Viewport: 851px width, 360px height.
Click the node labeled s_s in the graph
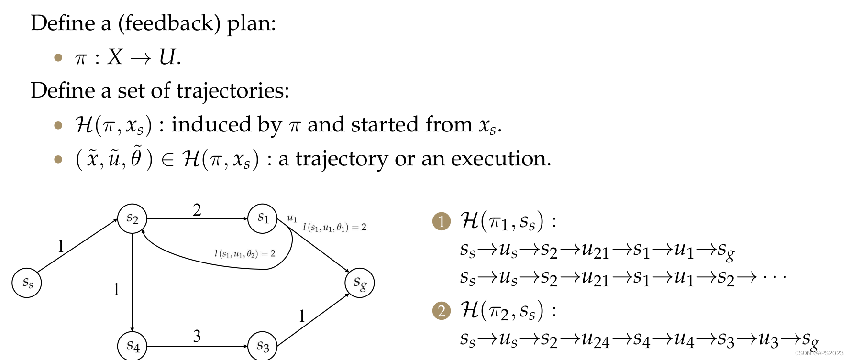point(27,283)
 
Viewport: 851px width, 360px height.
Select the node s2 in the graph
point(132,218)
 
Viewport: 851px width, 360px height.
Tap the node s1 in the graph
point(263,218)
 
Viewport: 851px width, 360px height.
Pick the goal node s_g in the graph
point(359,283)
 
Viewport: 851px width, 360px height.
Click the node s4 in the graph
point(132,346)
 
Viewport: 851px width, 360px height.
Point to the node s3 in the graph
point(263,346)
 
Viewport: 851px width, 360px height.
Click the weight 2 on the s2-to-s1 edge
point(197,210)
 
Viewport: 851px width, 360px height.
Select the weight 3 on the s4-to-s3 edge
point(197,336)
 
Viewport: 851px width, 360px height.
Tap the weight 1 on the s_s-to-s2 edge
point(61,246)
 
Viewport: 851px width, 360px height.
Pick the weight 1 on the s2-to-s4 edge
point(116,289)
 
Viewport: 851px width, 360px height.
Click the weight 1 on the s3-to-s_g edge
point(302,316)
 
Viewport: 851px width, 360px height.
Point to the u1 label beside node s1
point(292,218)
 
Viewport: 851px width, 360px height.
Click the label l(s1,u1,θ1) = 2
point(334,228)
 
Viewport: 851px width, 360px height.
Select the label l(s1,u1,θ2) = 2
point(244,254)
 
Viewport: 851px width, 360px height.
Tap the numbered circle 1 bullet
point(442,221)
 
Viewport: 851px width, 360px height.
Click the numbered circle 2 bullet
point(442,311)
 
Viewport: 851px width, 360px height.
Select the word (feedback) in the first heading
point(169,23)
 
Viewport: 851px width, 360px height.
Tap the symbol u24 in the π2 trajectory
point(596,340)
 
